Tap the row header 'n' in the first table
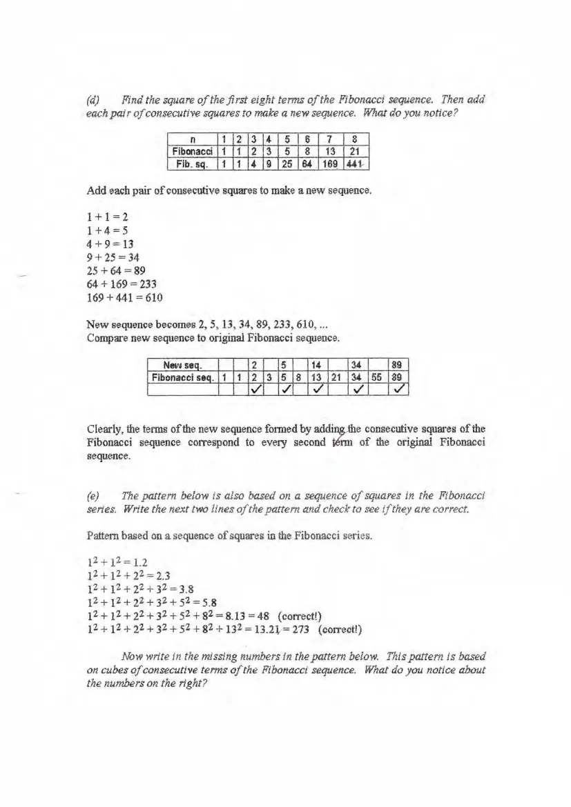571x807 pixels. pyautogui.click(x=188, y=140)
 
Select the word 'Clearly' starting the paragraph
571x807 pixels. pyautogui.click(x=106, y=429)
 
